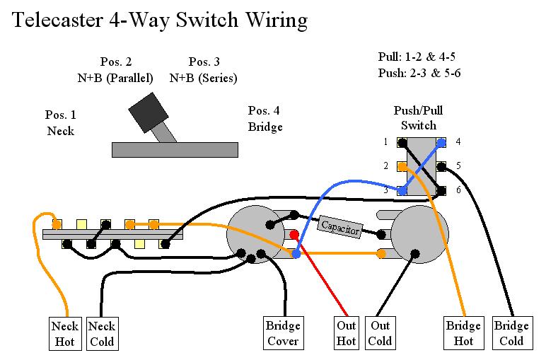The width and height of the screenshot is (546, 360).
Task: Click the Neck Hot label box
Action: tap(65, 334)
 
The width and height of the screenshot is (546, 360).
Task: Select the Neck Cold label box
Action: tap(102, 334)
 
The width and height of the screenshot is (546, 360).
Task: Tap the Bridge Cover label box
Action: tap(283, 334)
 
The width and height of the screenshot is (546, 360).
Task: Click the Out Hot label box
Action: tap(346, 334)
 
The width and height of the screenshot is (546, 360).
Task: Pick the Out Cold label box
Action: tap(381, 334)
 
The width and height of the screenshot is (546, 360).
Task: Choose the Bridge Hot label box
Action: tap(463, 334)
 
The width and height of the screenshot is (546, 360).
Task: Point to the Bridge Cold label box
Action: tap(511, 334)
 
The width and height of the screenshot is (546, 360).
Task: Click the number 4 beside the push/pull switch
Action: tap(458, 142)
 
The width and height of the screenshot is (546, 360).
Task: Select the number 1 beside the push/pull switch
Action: tap(386, 142)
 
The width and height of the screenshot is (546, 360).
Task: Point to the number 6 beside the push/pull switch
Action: tap(458, 191)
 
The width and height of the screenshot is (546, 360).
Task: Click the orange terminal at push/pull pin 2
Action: tap(401, 167)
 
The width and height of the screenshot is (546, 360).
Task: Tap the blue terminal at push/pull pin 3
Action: tap(401, 191)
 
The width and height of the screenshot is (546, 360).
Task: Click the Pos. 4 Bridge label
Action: tap(265, 119)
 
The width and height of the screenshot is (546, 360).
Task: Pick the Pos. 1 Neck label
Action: tap(61, 122)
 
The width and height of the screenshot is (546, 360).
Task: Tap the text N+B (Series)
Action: tap(203, 78)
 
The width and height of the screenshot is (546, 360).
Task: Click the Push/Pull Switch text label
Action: tap(419, 118)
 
